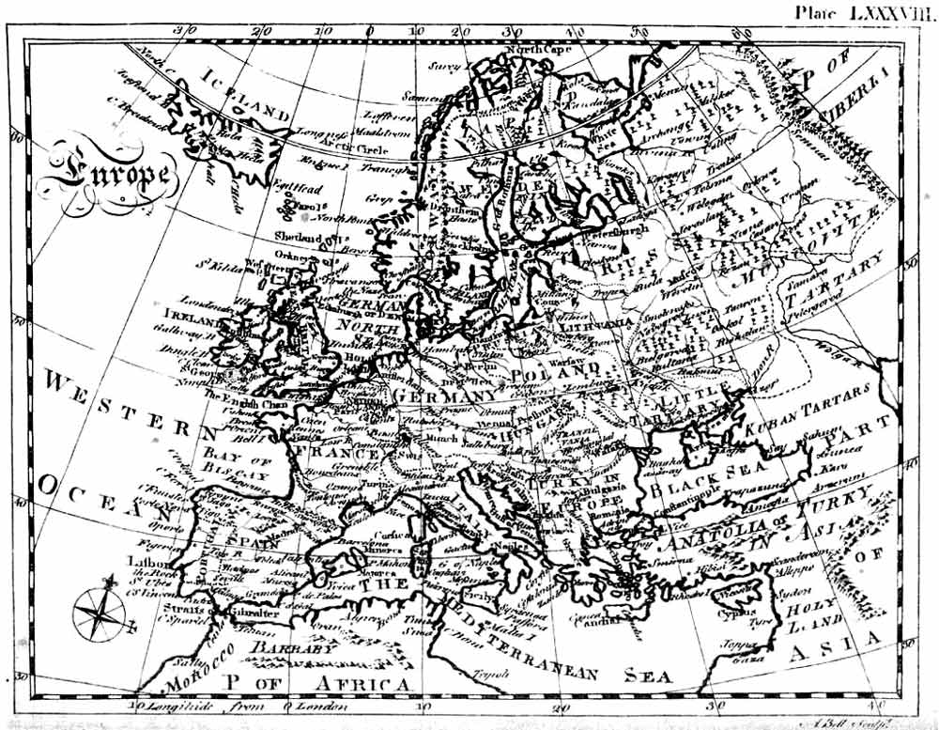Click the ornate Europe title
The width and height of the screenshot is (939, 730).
(106, 174)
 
